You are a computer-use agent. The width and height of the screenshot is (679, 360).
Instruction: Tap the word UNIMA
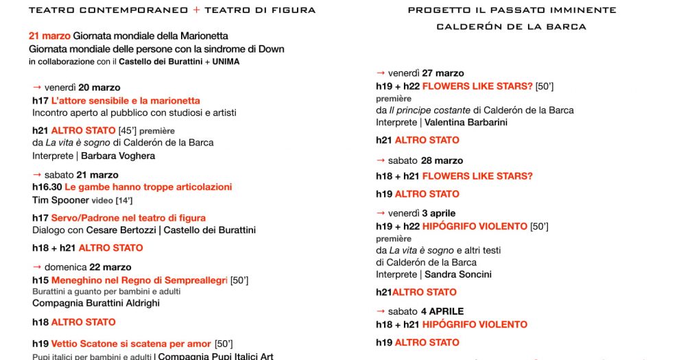(x=226, y=62)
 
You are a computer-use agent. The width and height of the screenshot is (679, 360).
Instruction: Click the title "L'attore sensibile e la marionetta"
(x=126, y=101)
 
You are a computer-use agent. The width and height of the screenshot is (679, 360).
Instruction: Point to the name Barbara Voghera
(x=118, y=156)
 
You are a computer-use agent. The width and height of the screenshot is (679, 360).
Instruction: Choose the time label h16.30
(x=47, y=187)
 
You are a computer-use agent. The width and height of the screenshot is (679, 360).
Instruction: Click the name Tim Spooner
(x=60, y=200)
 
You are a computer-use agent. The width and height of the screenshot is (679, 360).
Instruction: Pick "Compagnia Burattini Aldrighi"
(x=95, y=303)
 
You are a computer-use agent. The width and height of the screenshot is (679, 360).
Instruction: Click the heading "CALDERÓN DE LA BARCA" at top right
(x=511, y=27)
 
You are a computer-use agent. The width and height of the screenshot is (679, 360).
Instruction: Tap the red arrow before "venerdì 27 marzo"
(x=380, y=73)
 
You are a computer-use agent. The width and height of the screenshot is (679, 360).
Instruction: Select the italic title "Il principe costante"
(x=431, y=110)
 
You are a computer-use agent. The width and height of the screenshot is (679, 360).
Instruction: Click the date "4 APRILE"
(x=442, y=311)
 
